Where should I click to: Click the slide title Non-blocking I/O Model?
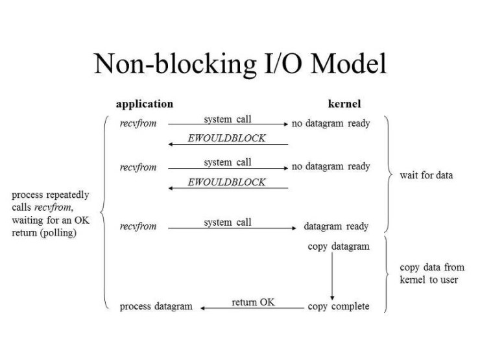pos(240,64)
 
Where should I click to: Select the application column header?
pos(144,104)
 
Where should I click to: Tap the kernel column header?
pos(344,104)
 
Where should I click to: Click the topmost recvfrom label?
pos(138,123)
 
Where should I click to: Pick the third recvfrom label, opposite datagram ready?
pos(138,226)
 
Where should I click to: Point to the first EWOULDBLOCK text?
pos(226,138)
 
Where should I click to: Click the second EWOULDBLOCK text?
pos(226,182)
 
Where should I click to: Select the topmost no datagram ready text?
pos(331,123)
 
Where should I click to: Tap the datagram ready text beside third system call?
pos(336,226)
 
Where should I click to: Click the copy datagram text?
pos(339,246)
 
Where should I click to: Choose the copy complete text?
pos(339,306)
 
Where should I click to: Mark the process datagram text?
pos(156,306)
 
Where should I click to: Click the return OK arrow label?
pos(253,302)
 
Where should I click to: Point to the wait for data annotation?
pos(426,175)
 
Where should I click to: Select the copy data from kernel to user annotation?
pos(431,273)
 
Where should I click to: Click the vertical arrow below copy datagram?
pos(332,276)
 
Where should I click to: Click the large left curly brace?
pos(104,211)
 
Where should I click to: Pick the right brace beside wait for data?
pos(387,174)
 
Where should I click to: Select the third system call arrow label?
pos(227,222)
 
